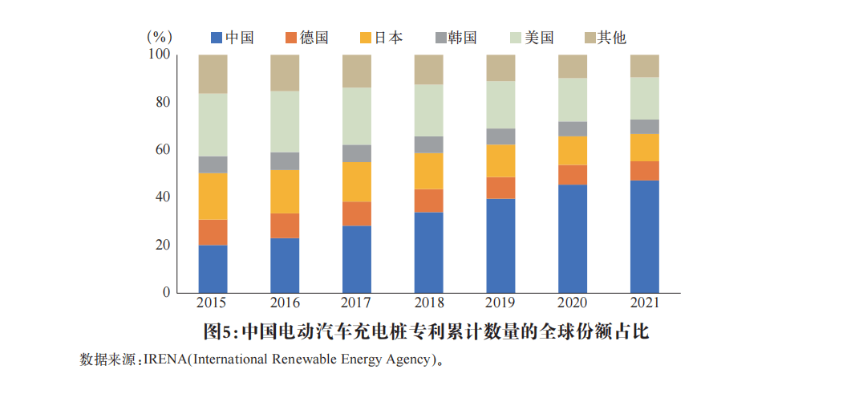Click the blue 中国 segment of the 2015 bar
tap(213, 268)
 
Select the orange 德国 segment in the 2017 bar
tap(357, 213)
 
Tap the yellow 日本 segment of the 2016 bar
tap(285, 191)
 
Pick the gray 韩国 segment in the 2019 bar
tap(501, 136)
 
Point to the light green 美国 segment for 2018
tap(429, 110)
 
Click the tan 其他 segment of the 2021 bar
tap(645, 66)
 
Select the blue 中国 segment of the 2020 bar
tap(573, 238)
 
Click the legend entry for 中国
tap(232, 38)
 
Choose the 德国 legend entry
tap(306, 38)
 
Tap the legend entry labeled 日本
tap(381, 38)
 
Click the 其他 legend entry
tap(605, 38)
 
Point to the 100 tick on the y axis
tap(160, 55)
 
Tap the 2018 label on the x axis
tap(429, 303)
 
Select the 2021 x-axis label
tap(645, 303)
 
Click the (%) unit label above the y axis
tap(160, 37)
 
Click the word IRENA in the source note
tap(164, 359)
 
